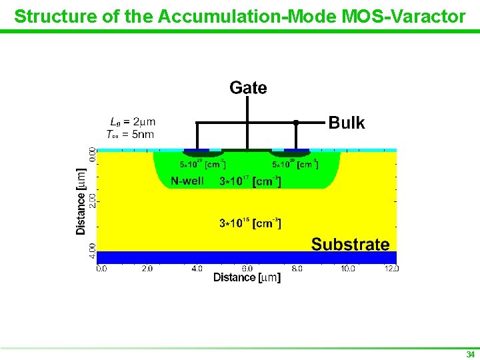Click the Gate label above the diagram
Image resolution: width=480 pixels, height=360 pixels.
pyautogui.click(x=248, y=88)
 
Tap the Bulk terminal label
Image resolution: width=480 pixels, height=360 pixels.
pyautogui.click(x=347, y=123)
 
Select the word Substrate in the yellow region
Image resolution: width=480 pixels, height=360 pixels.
pyautogui.click(x=350, y=244)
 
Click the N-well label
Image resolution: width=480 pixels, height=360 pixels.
pyautogui.click(x=187, y=181)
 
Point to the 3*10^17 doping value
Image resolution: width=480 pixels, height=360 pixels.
pyautogui.click(x=250, y=181)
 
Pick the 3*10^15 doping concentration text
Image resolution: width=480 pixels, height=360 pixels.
pyautogui.click(x=250, y=223)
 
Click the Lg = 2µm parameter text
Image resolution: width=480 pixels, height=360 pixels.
pyautogui.click(x=133, y=122)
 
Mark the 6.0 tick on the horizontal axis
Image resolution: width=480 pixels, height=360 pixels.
pyautogui.click(x=247, y=269)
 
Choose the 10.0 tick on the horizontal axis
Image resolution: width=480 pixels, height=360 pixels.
pyautogui.click(x=347, y=269)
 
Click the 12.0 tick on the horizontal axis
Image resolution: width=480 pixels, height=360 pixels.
pyautogui.click(x=392, y=269)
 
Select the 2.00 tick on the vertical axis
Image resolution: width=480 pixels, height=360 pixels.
pyautogui.click(x=93, y=201)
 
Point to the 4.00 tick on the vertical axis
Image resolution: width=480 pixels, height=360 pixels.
pyautogui.click(x=93, y=251)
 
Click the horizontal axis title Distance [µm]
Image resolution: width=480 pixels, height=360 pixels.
pyautogui.click(x=247, y=278)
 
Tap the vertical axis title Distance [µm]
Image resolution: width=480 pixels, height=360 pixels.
pyautogui.click(x=81, y=200)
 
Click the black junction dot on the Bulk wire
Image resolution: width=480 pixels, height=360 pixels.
pyautogui.click(x=295, y=123)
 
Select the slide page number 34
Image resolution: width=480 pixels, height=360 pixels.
pyautogui.click(x=471, y=354)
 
